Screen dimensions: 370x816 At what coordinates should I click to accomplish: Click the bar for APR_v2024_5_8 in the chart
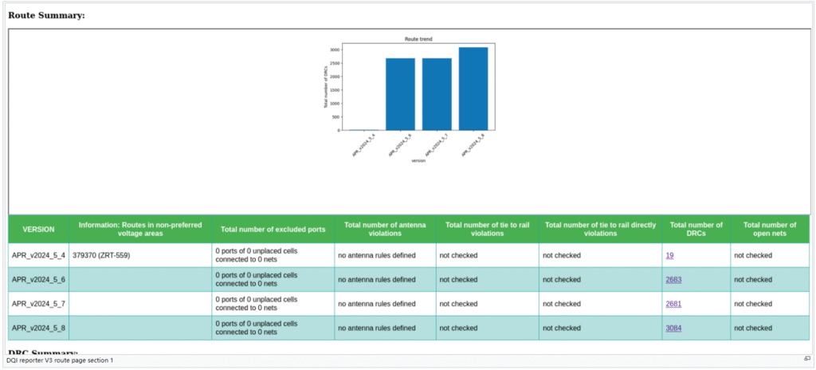click(473, 89)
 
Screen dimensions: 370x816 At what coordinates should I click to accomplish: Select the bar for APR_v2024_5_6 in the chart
click(400, 94)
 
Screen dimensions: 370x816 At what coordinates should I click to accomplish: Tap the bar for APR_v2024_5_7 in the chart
click(437, 94)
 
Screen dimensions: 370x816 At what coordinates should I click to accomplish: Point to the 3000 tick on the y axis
click(335, 49)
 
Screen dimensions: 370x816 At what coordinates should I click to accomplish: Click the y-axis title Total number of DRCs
click(325, 86)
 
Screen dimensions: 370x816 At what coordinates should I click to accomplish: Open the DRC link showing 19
click(669, 255)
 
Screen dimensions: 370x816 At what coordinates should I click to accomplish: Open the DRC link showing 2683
click(673, 280)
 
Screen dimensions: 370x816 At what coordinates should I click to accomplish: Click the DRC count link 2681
click(673, 304)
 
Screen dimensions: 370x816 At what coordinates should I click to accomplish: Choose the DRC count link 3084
click(673, 328)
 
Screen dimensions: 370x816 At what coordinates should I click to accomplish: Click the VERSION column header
click(38, 229)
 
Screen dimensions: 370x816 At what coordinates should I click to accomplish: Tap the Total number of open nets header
click(768, 230)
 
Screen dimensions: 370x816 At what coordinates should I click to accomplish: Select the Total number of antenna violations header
click(385, 230)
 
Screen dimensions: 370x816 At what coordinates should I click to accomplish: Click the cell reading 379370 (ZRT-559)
click(100, 255)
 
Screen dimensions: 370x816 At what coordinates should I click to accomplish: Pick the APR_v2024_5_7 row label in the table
click(38, 304)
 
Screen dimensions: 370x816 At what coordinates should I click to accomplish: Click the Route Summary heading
click(46, 14)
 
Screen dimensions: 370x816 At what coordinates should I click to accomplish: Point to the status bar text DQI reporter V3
click(60, 360)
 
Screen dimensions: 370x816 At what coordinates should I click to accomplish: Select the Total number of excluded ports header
click(273, 229)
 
